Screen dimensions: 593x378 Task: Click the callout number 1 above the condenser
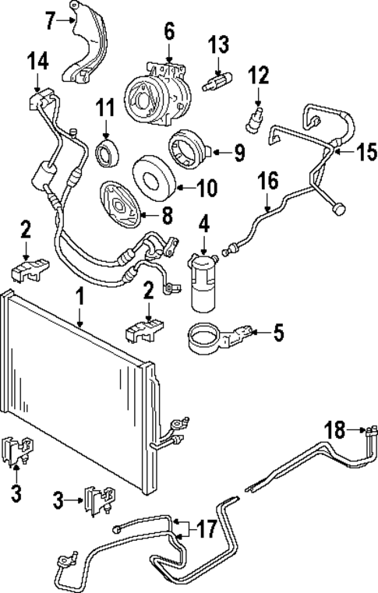click(x=79, y=296)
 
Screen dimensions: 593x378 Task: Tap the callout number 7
click(x=51, y=20)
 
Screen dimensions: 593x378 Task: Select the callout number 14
click(x=37, y=61)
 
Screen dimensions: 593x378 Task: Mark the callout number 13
click(x=219, y=44)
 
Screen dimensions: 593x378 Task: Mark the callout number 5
click(x=277, y=333)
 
